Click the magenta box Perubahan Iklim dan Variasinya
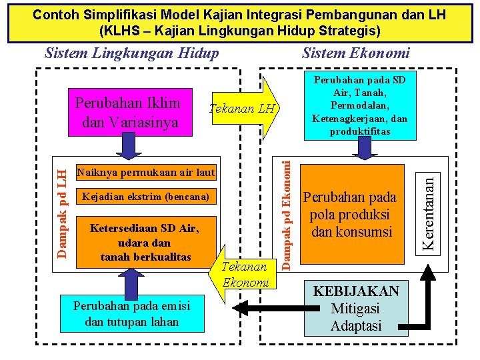(127, 113)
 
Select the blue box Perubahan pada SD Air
(360, 105)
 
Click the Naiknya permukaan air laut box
(146, 173)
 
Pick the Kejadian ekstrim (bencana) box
(146, 197)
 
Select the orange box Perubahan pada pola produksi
(359, 215)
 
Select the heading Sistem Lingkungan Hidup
(131, 53)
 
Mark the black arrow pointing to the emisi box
(250, 308)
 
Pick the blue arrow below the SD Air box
(360, 151)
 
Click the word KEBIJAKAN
(356, 291)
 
